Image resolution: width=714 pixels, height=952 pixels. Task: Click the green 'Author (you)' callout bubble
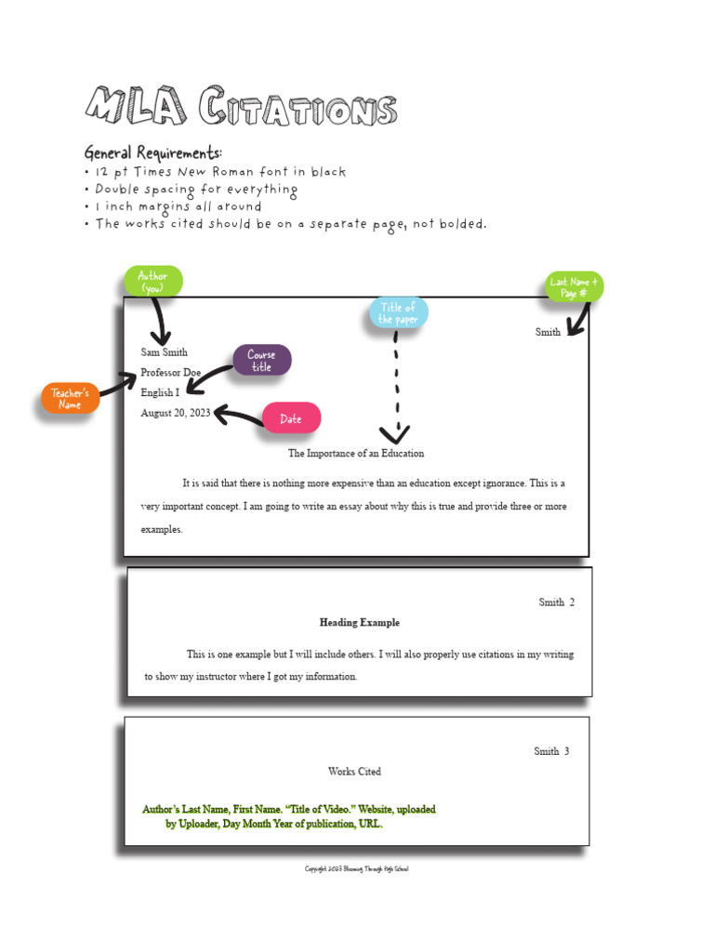point(152,282)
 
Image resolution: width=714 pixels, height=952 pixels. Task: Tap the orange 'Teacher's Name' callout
point(70,399)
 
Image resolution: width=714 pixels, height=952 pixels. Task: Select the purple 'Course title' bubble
point(261,361)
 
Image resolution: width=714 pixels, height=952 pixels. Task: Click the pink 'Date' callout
point(291,418)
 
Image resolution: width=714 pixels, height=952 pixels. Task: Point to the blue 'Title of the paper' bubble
point(398,313)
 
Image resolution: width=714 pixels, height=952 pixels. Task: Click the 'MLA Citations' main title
point(240,108)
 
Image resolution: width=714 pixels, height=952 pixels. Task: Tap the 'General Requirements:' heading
point(153,152)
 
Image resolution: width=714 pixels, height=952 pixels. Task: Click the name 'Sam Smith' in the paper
point(164,352)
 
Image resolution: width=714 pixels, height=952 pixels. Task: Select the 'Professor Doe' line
point(170,373)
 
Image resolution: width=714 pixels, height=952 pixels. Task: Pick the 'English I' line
point(160,393)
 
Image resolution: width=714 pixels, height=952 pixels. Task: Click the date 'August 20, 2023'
point(176,414)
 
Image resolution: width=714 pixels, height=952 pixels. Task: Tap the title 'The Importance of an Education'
point(355,454)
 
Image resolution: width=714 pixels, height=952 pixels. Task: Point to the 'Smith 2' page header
point(556,602)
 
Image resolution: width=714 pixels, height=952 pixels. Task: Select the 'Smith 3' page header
point(550,751)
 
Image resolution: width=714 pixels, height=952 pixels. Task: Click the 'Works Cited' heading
point(354,772)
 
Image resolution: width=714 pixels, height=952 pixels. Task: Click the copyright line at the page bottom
point(357,869)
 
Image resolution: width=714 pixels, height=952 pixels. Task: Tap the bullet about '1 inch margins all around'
point(178,206)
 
